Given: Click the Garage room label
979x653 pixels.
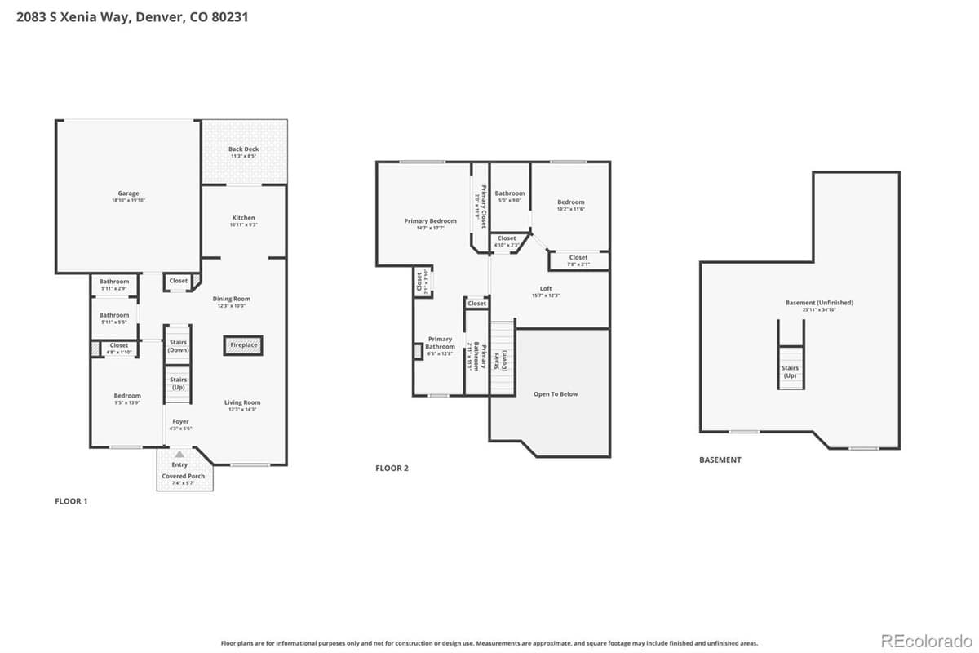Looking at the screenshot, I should pos(128,194).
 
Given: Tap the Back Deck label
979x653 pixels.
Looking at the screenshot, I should pos(243,150).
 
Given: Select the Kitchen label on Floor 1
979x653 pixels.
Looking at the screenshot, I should pos(243,219).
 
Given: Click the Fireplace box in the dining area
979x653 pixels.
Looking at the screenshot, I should pos(243,345).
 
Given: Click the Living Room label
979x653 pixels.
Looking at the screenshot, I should pos(242,403).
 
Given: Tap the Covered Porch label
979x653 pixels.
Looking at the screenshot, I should pos(184,477).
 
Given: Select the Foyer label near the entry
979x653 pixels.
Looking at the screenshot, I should pos(180,422).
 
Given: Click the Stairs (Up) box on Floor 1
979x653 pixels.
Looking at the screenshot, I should pos(178,383).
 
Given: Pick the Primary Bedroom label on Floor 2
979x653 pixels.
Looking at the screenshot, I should pos(430,221).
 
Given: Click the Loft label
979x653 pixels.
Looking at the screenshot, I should pos(546,289).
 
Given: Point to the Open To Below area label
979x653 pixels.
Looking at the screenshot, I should pos(555,394).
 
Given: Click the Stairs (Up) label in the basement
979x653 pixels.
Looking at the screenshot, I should pos(790,371).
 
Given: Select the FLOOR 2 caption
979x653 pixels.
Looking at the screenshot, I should pos(392,469).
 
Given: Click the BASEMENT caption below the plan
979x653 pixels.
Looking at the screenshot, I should pos(720,460).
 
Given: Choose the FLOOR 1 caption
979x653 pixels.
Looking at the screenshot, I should pos(71,501).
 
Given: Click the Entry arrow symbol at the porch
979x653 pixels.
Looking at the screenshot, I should pos(179,454).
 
